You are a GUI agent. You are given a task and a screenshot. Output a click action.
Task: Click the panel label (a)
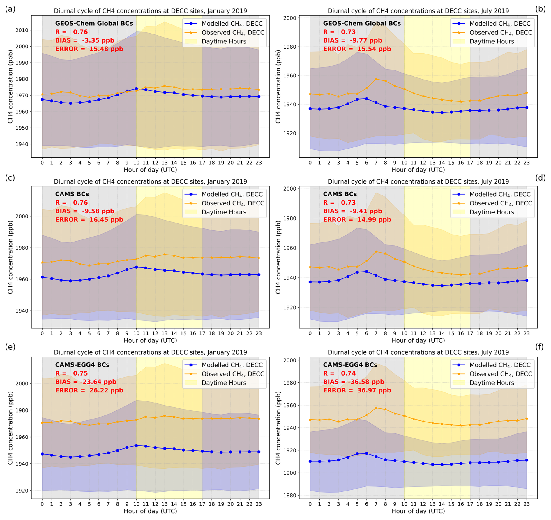pos(10,9)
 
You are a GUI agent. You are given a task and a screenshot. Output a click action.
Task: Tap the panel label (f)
pos(539,347)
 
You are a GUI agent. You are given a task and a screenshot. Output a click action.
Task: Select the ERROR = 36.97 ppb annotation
pos(357,390)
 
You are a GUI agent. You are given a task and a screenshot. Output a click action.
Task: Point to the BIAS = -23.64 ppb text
pos(86,382)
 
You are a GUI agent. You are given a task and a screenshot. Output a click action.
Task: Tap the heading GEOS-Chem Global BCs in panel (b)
pos(362,24)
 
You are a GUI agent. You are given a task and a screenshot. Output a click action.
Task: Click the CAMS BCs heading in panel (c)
pos(72,194)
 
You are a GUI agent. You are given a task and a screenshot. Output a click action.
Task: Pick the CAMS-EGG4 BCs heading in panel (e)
pos(82,365)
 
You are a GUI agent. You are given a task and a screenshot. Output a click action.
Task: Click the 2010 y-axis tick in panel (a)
pos(22,30)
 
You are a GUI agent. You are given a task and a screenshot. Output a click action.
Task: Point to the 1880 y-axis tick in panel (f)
pos(290,495)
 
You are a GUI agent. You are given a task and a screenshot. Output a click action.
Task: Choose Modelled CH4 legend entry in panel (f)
pos(500,365)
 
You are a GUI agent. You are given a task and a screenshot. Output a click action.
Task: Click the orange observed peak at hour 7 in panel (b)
pos(376,79)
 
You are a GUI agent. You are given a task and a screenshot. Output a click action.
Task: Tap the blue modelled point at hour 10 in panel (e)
pos(136,445)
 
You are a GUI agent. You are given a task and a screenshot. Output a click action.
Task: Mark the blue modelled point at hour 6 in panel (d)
pos(366,272)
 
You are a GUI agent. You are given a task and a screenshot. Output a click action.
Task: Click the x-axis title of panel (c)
pos(150,340)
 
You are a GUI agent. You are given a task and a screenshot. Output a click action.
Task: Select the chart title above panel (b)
pos(418,11)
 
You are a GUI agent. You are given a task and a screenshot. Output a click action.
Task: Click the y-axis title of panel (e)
pos(10,428)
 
